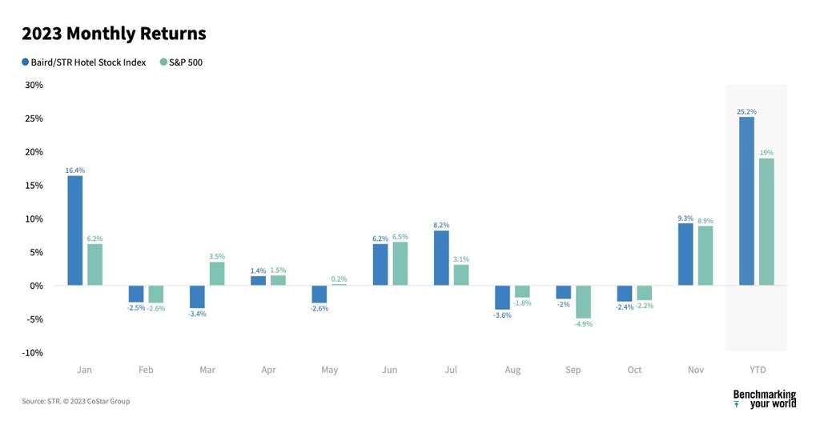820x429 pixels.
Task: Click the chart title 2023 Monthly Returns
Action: (114, 34)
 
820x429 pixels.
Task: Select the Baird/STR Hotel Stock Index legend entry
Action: (84, 62)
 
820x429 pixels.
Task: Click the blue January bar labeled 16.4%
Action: (74, 231)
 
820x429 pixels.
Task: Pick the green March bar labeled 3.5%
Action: (217, 274)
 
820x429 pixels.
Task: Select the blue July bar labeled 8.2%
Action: (441, 258)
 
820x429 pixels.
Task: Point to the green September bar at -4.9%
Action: (583, 302)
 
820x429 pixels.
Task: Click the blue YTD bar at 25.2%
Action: (746, 201)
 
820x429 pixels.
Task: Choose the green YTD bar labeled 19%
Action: (766, 222)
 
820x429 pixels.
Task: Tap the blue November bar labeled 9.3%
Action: (685, 254)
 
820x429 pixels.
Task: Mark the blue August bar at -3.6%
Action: (502, 297)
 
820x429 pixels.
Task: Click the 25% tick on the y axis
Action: (34, 118)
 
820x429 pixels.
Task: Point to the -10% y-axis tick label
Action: (33, 353)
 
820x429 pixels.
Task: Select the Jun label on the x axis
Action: (390, 370)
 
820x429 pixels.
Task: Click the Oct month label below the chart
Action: (635, 370)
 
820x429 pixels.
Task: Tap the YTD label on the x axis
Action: (757, 370)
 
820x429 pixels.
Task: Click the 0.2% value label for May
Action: (340, 279)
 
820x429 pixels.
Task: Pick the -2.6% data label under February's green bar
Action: (156, 308)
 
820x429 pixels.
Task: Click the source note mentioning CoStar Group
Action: (75, 401)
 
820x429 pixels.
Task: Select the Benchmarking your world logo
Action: (764, 399)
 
